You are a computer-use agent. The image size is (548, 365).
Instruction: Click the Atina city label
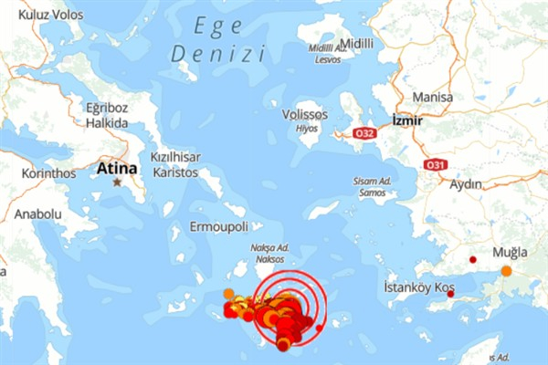[117, 169]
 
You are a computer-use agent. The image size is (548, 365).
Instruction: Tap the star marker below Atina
[117, 182]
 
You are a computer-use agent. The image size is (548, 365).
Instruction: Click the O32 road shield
[365, 134]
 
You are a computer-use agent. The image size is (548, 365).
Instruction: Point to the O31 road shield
[434, 164]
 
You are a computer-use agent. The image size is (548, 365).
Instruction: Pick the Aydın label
[466, 183]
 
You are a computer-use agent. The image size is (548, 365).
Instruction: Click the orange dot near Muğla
[506, 270]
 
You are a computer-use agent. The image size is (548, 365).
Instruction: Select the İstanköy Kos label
[419, 288]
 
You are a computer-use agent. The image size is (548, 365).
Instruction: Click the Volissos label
[307, 115]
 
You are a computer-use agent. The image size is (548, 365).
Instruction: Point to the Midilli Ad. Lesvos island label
[326, 53]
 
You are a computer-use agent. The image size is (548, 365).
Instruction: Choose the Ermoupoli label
[219, 225]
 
